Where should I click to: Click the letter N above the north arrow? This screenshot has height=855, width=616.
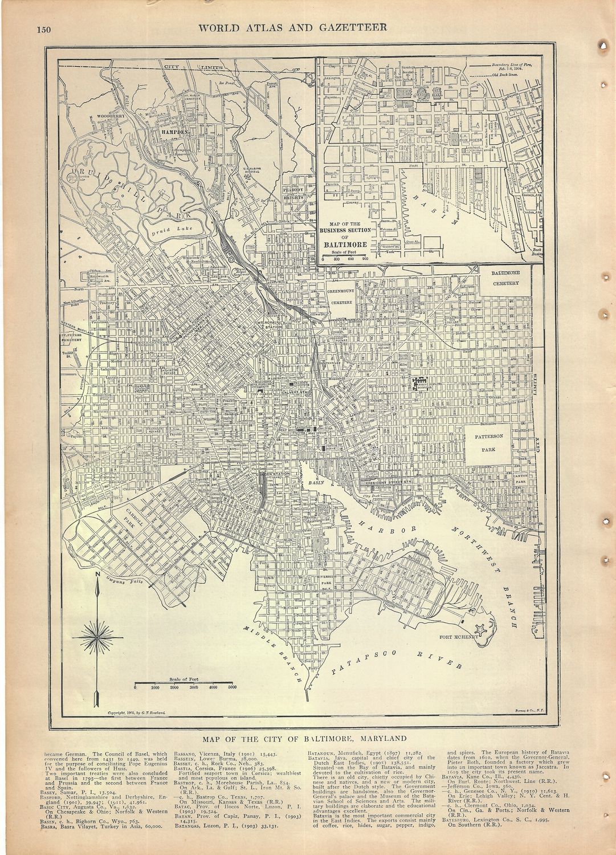click(97, 574)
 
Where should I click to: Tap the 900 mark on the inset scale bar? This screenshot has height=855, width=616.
click(365, 259)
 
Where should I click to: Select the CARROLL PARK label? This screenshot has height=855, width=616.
click(140, 516)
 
